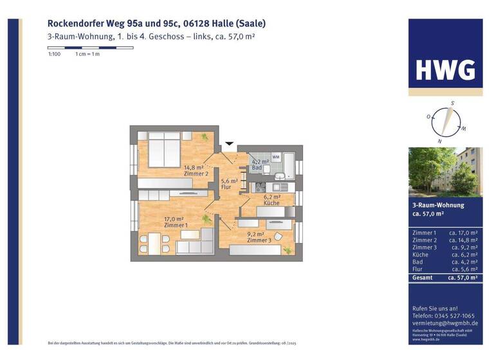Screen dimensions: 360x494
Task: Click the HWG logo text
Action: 445,69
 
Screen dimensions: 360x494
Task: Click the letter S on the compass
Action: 452,103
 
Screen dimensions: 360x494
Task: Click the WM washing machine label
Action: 275,157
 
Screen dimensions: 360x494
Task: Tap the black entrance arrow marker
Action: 229,145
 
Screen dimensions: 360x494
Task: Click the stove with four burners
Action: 261,187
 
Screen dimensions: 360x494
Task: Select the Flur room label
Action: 226,187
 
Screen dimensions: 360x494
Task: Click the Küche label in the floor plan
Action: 271,203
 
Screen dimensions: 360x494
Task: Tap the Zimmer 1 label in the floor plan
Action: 176,225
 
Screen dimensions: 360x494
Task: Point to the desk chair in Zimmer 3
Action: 277,237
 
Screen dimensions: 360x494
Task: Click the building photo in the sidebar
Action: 445,172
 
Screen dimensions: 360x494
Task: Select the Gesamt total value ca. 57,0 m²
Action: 463,278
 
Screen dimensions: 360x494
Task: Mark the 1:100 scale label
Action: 55,54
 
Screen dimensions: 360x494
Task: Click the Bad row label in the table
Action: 418,262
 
